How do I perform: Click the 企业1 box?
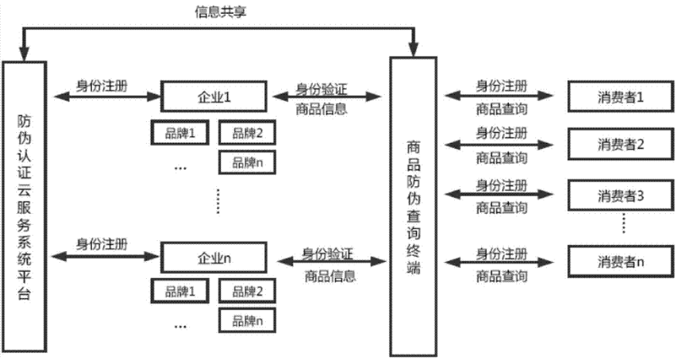[x=213, y=97]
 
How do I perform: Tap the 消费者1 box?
[x=620, y=97]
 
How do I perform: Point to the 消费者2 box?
[x=620, y=144]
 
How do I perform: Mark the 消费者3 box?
[x=620, y=194]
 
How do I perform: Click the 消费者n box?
[x=620, y=261]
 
